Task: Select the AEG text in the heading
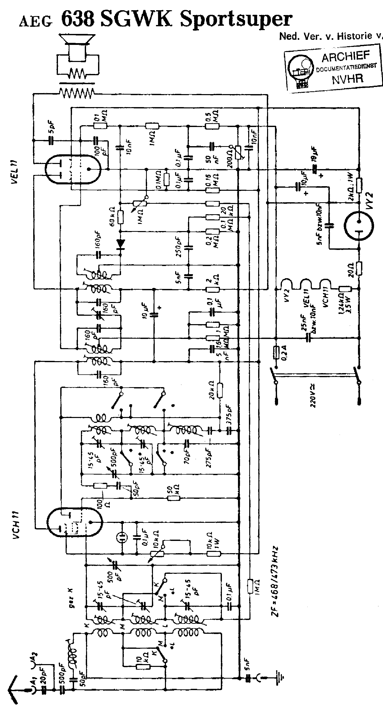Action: point(35,21)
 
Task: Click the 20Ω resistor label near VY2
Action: point(350,269)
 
